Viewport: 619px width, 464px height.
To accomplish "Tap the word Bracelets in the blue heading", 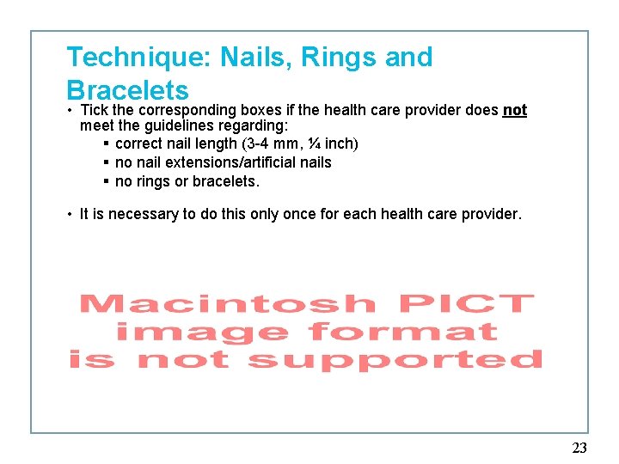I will coord(127,90).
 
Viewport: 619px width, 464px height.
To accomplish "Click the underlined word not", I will coord(515,110).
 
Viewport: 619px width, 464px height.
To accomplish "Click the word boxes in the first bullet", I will coord(264,110).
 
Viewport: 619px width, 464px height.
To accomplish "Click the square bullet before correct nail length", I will coord(105,143).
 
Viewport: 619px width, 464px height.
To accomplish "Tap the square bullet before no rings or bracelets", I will coord(105,181).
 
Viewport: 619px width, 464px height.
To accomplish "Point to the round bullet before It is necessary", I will coord(70,214).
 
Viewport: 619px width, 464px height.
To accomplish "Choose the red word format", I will coord(402,332).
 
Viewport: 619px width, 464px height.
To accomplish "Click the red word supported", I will coord(395,359).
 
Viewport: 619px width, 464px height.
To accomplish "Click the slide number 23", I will coord(579,448).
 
